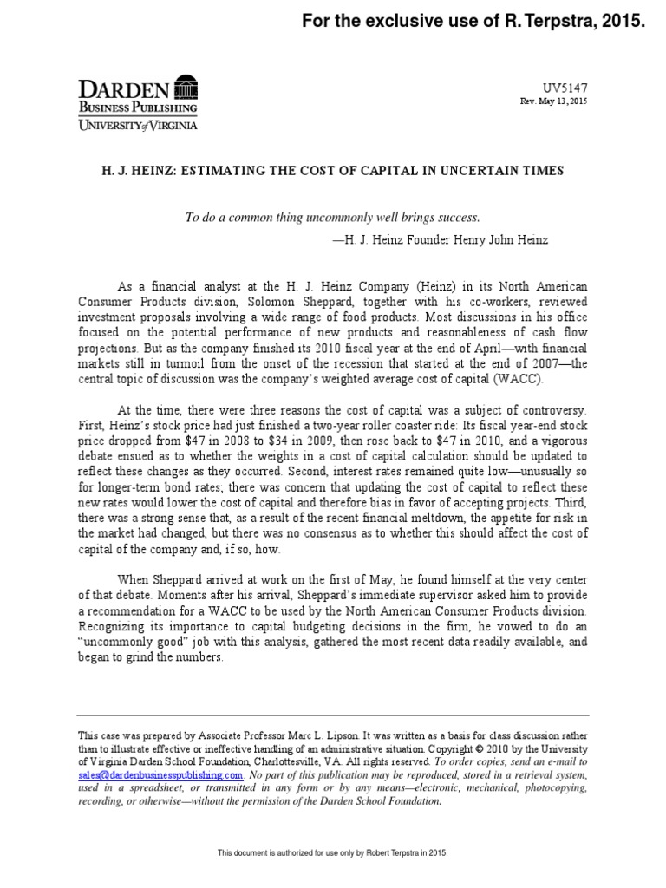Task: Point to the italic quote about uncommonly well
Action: click(332, 216)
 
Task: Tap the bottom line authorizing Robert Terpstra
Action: click(332, 853)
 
